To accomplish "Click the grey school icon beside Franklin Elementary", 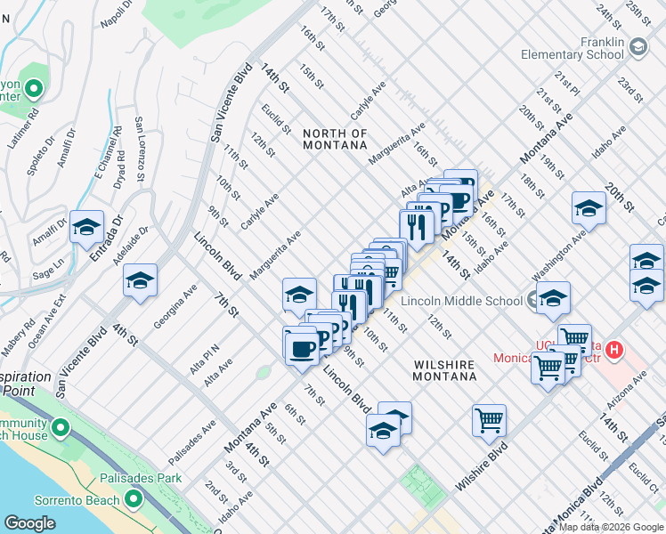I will pyautogui.click(x=638, y=46).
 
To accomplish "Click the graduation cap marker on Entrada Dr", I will pyautogui.click(x=87, y=228).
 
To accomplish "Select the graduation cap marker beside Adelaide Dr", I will pyautogui.click(x=141, y=281).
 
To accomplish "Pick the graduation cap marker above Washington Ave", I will pyautogui.click(x=589, y=209).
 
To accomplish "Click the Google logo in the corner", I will pyautogui.click(x=29, y=523).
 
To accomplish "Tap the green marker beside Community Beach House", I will pyautogui.click(x=61, y=430).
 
